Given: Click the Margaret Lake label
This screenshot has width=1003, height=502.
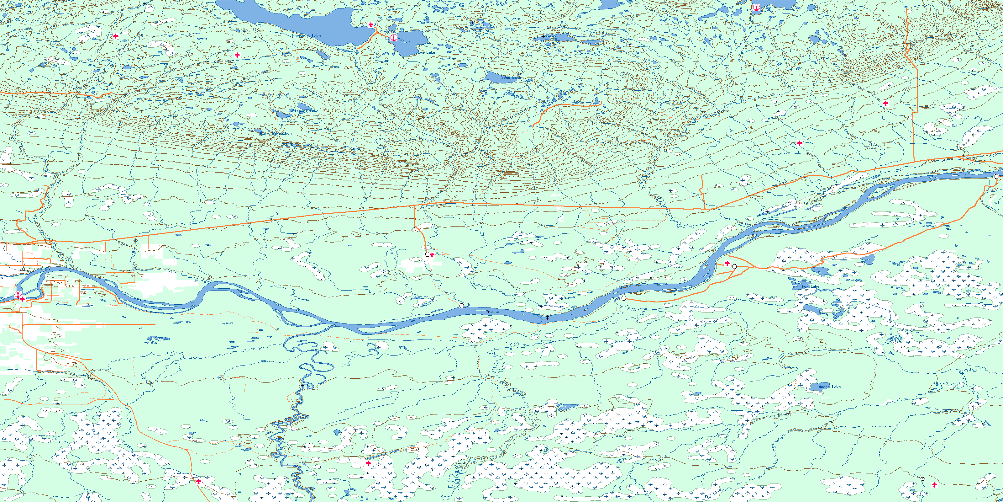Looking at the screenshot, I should point(307,36).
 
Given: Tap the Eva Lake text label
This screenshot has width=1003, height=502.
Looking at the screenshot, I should point(426,52).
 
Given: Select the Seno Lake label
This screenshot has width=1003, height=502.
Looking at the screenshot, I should point(511,77).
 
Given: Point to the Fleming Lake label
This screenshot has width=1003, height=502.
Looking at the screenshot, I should point(305,111).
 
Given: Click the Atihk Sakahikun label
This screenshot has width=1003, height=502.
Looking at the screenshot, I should point(275,133).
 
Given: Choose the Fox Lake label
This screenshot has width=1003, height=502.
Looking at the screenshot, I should point(810,286).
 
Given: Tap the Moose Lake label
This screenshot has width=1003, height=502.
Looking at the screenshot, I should point(829,387).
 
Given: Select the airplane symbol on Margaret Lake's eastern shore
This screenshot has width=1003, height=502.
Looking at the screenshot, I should point(371,25).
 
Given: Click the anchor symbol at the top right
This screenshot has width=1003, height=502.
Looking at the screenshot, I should point(756,8).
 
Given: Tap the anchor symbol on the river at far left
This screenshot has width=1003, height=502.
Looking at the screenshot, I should point(18,294).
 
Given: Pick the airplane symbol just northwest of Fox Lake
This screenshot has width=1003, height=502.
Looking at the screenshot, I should point(727,264).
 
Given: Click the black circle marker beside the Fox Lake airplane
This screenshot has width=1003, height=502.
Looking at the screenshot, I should point(734,267).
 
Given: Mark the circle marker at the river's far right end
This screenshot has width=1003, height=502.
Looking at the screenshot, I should point(996,177).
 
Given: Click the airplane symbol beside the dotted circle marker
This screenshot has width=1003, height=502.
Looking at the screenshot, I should point(934,485).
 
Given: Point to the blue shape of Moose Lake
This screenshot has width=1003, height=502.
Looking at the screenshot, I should point(815,387).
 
